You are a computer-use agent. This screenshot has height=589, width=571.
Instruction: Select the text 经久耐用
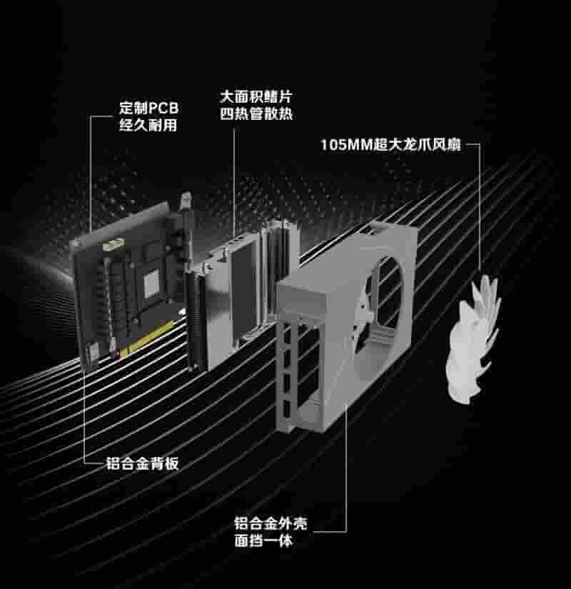point(147,126)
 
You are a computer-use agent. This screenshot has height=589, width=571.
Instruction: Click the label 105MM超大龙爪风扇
point(390,146)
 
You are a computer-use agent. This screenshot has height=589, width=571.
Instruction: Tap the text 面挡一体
point(263,541)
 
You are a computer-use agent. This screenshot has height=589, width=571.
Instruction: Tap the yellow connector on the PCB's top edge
point(112,246)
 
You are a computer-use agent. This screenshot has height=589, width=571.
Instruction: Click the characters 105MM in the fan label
point(343,146)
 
